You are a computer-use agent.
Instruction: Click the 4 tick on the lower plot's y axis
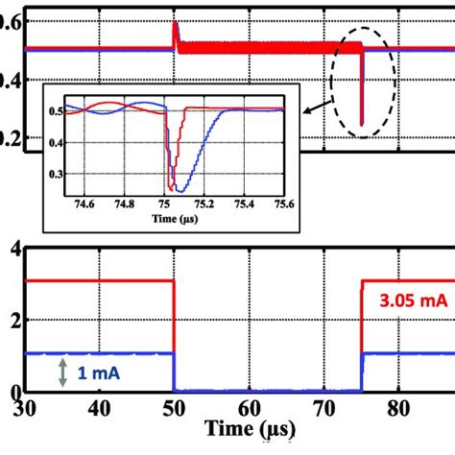pyautogui.click(x=14, y=251)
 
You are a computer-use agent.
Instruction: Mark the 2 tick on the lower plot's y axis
pyautogui.click(x=14, y=321)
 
